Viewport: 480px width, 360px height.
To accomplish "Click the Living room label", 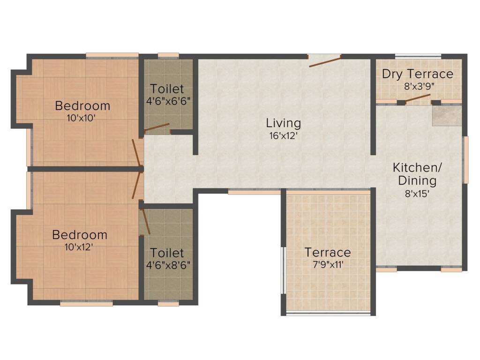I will click(283, 123).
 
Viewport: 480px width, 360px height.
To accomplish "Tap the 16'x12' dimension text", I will click(283, 136).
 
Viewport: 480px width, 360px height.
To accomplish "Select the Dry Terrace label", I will click(417, 74).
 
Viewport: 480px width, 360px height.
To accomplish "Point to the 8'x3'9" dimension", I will click(417, 86).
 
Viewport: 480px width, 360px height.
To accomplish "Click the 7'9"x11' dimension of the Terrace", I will click(328, 264).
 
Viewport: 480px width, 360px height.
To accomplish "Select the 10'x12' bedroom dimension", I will click(79, 247).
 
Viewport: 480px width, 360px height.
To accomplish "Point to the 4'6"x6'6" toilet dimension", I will click(167, 100).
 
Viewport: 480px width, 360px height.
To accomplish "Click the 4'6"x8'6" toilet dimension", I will click(168, 264).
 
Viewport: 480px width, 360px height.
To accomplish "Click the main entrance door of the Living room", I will click(324, 60).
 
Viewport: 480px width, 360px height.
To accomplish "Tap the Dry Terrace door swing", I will click(418, 98).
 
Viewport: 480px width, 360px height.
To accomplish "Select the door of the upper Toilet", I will click(157, 127).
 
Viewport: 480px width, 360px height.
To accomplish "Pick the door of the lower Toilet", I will click(146, 221).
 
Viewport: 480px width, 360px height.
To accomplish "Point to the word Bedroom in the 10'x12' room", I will click(79, 234).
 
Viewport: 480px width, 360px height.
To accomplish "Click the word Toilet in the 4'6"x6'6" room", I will click(167, 89).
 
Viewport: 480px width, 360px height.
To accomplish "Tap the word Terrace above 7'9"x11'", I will click(328, 253).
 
